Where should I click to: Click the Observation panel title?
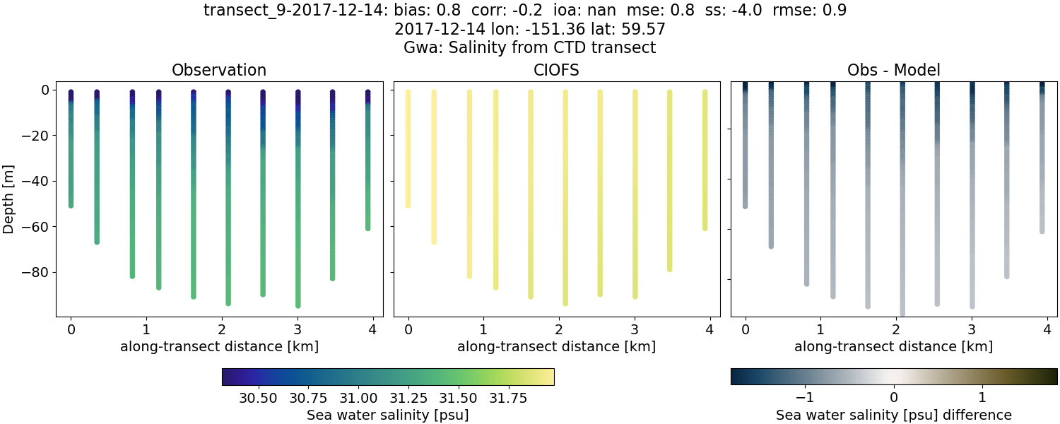(x=219, y=70)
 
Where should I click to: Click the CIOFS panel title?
(x=556, y=70)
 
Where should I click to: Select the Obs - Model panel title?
(x=893, y=70)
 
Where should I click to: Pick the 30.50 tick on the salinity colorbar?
(x=258, y=398)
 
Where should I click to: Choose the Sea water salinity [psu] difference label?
(x=893, y=415)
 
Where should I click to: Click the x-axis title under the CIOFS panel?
(x=556, y=347)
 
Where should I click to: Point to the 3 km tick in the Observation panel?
(x=298, y=329)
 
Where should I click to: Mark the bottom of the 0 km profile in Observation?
(x=71, y=205)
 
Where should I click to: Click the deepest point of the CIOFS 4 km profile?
(x=705, y=228)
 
